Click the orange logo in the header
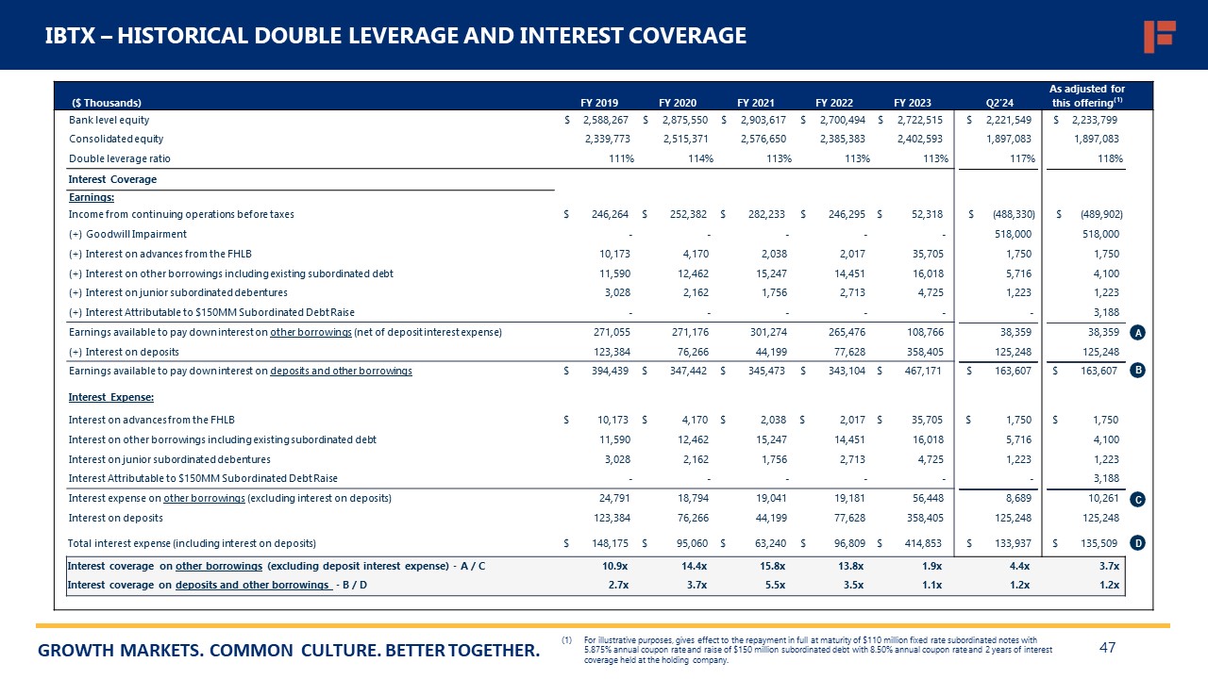[x=1159, y=36]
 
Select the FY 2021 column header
[x=756, y=102]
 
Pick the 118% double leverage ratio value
[x=1110, y=158]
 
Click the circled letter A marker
[x=1138, y=333]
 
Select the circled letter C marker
[x=1138, y=500]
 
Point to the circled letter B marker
[x=1138, y=371]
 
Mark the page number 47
[x=1108, y=648]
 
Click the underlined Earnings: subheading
[x=92, y=197]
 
